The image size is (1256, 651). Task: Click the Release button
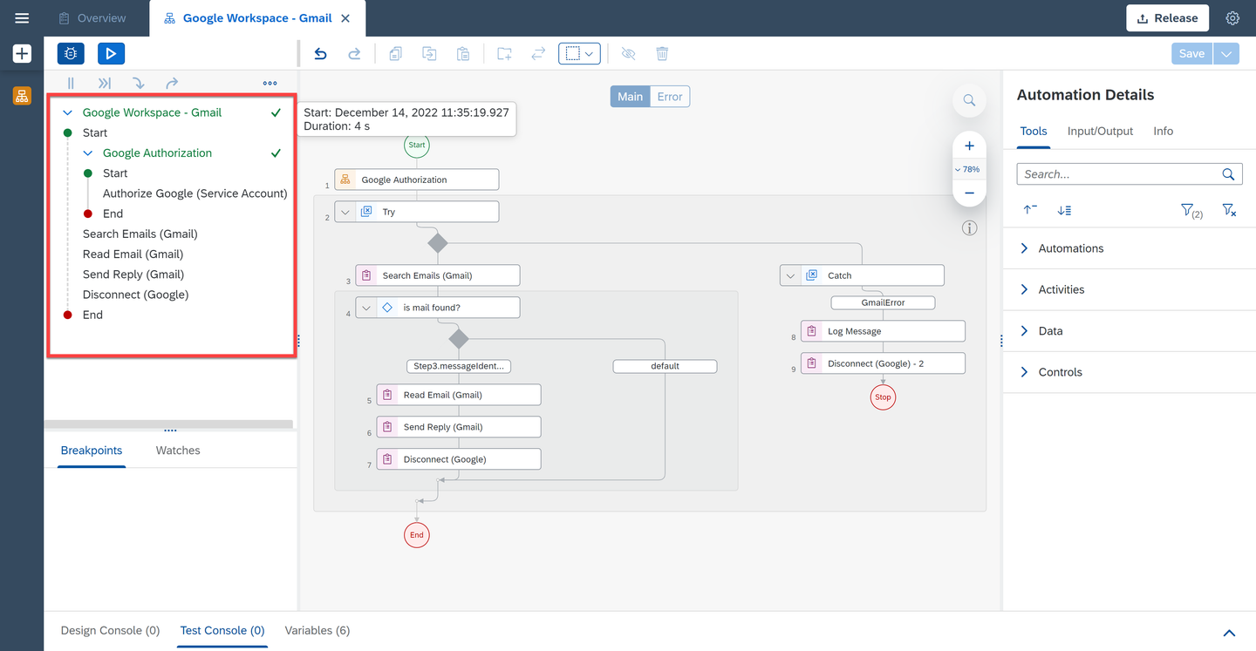click(x=1167, y=18)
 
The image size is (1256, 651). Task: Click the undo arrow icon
click(x=320, y=54)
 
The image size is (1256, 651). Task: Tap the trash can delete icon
click(x=662, y=54)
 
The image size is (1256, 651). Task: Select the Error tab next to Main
click(x=670, y=97)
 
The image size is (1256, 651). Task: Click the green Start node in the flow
click(x=417, y=145)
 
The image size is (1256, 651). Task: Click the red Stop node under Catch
click(x=883, y=397)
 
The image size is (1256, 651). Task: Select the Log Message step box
click(x=883, y=331)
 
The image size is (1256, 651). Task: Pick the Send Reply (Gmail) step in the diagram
click(x=459, y=427)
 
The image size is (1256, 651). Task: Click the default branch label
click(x=665, y=366)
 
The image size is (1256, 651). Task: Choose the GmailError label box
click(x=883, y=302)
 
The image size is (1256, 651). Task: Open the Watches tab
click(x=178, y=451)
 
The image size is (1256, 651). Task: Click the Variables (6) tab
click(x=317, y=630)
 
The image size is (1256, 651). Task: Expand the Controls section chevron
click(x=1024, y=372)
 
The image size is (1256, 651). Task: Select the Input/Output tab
click(x=1100, y=131)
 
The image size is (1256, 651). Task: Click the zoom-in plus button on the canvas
click(x=970, y=146)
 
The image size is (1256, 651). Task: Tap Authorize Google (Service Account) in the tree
click(x=195, y=193)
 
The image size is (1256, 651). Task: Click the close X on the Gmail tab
click(x=345, y=18)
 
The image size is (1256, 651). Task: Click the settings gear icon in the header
click(x=1232, y=18)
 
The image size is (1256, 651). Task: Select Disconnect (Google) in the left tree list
click(x=136, y=295)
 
